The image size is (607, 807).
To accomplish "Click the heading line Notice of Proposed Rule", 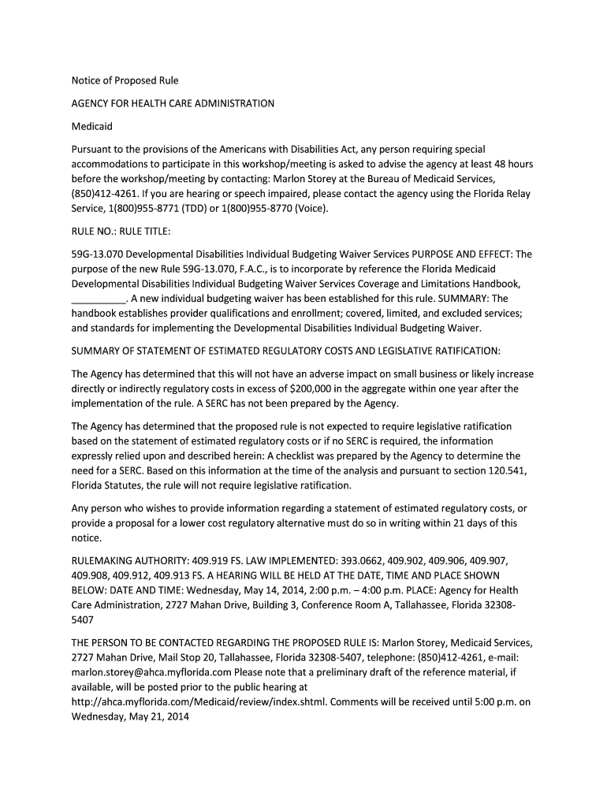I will tap(125, 80).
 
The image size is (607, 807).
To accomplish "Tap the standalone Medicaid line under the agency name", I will tap(92, 126).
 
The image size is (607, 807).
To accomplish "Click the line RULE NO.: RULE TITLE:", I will tap(121, 232).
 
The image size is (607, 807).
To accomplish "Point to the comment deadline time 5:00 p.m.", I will tap(496, 702).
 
